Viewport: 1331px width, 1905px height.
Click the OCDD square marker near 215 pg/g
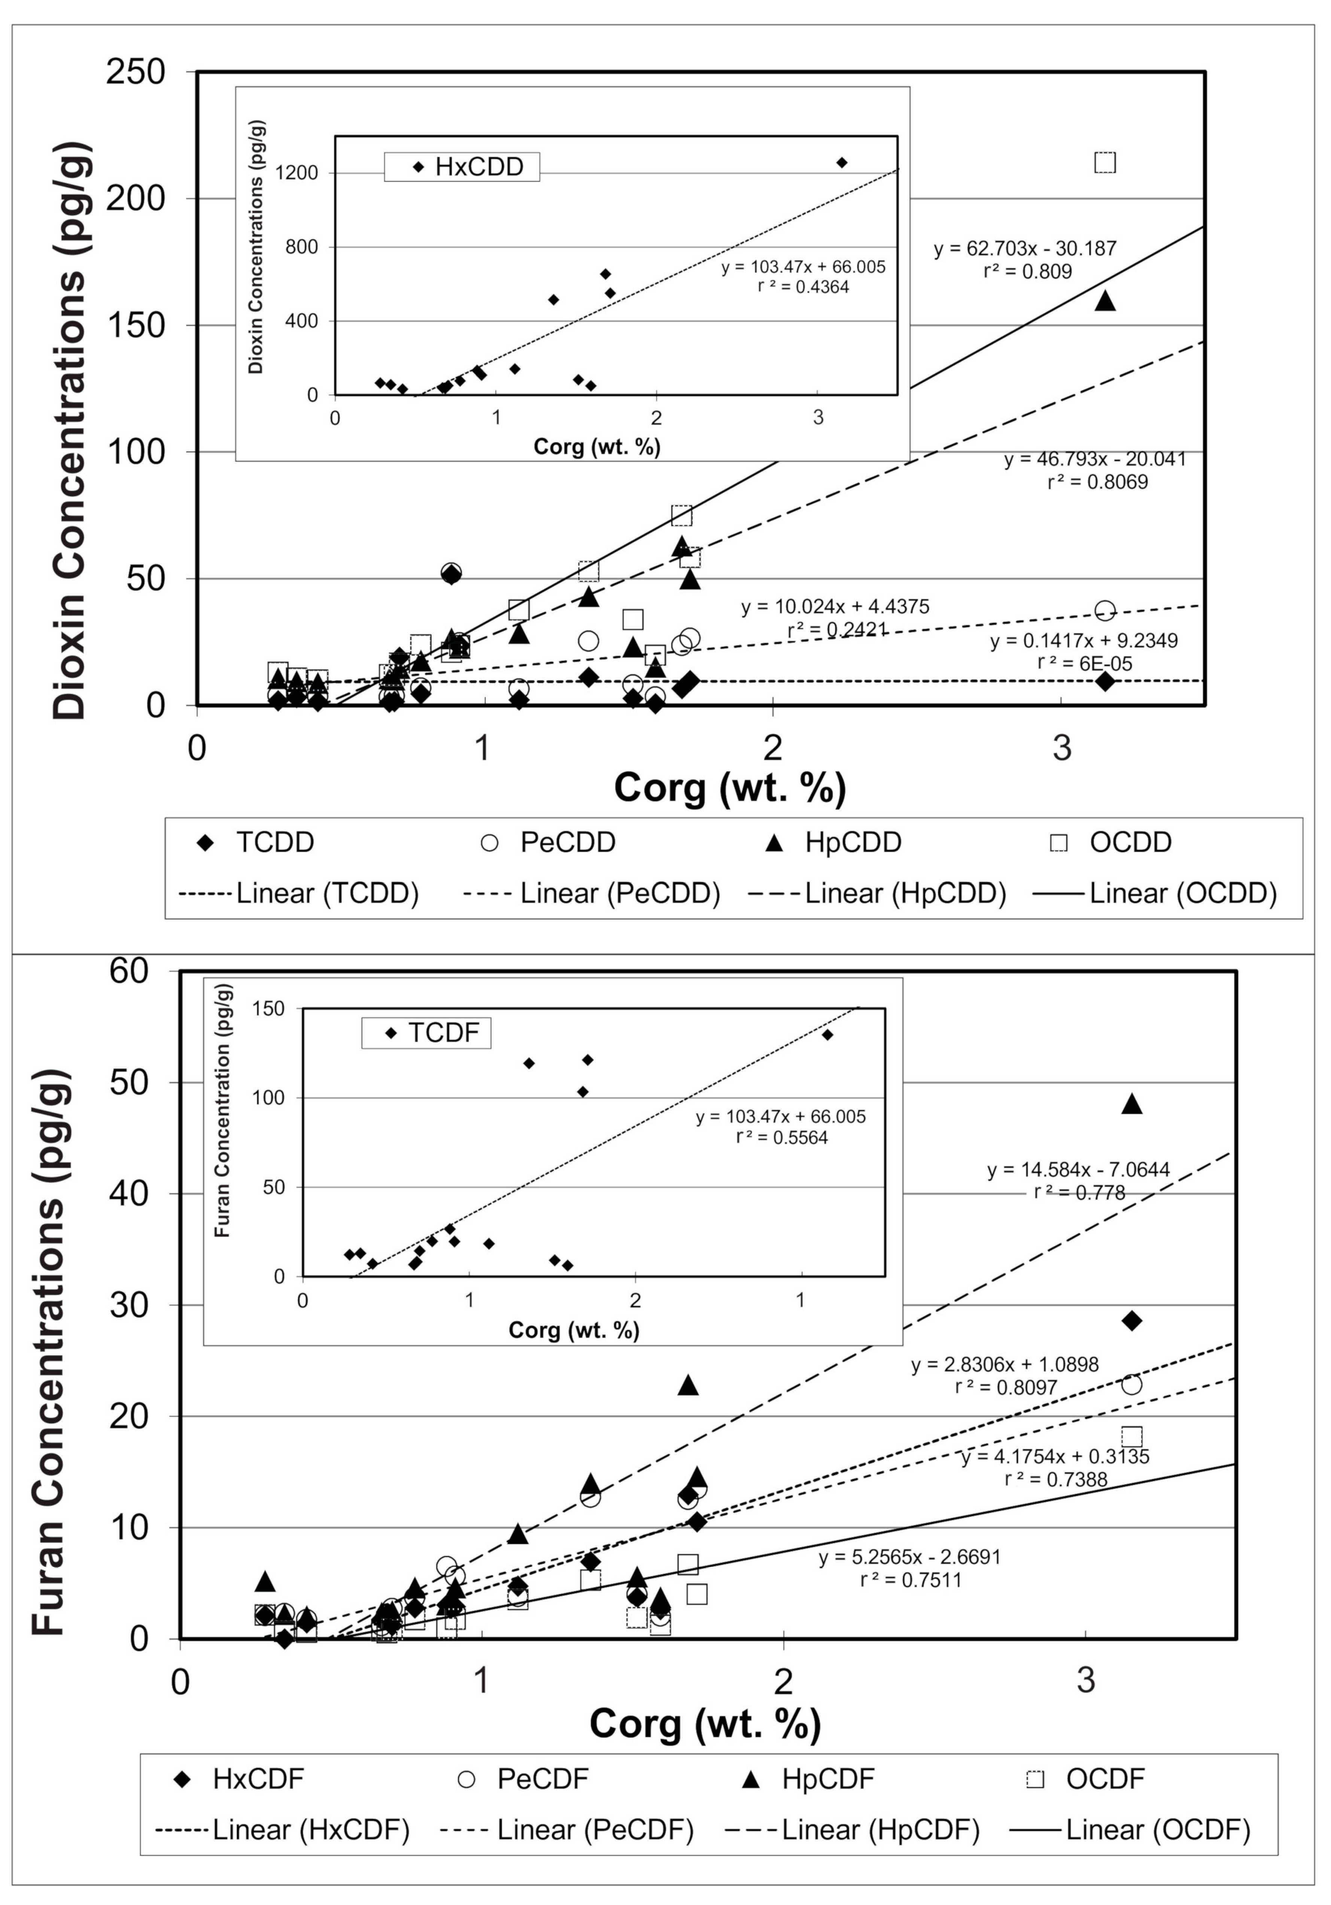pos(1104,163)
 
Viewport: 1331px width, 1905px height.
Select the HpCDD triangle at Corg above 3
pos(1104,301)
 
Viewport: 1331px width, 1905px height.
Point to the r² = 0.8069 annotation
pos(1097,482)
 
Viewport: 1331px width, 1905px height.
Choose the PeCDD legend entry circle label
pos(548,842)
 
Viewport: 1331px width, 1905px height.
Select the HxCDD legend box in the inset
pos(461,167)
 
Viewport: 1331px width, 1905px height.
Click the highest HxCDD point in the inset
pos(841,163)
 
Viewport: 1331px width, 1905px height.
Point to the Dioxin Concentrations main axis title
pos(70,432)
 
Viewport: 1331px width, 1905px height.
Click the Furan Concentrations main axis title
pos(48,1353)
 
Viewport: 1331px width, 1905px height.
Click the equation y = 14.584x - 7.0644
pos(1078,1170)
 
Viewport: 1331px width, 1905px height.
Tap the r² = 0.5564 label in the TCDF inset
pos(782,1137)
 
